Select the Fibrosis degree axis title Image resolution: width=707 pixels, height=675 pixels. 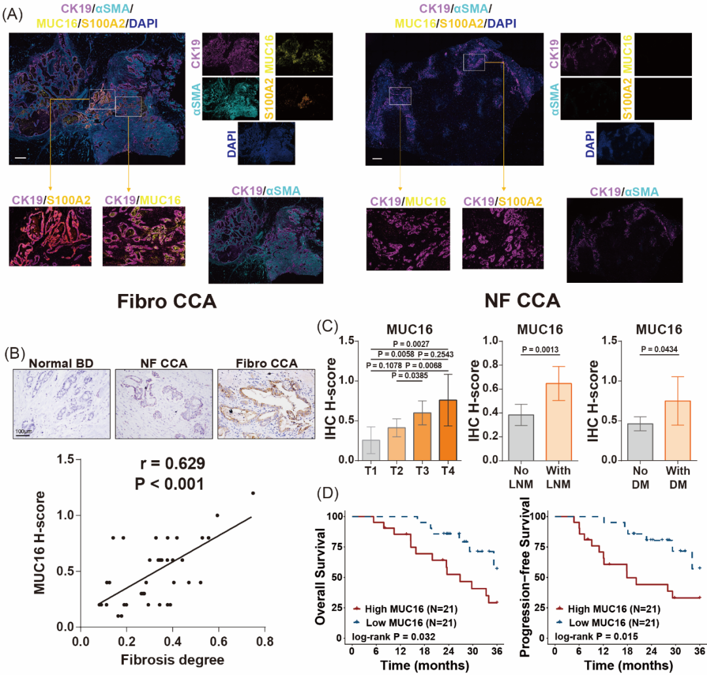(173, 659)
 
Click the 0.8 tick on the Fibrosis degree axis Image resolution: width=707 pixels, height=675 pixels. (264, 641)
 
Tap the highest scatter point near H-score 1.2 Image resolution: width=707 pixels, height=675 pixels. (253, 493)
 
